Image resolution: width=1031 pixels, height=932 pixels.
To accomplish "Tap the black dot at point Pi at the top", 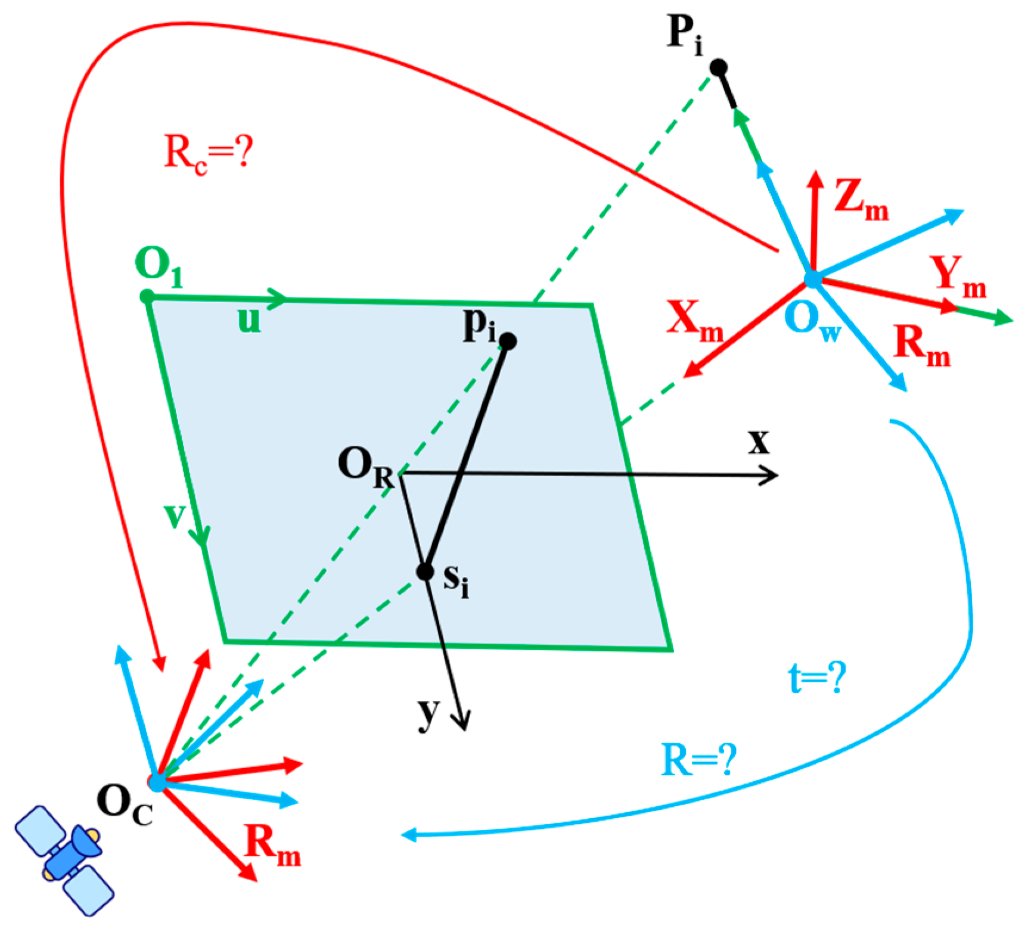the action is coord(719,67).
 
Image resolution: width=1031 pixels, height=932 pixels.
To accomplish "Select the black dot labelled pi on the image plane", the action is coord(508,341).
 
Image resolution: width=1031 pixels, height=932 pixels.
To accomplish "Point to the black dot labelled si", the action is coord(425,572).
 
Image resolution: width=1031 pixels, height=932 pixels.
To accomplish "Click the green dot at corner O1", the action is coord(147,296).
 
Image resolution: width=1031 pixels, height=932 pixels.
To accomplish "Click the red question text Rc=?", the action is coord(209,154).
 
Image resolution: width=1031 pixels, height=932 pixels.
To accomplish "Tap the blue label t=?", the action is coord(816,678).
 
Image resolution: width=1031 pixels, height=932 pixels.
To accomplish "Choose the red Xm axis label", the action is coord(695,321).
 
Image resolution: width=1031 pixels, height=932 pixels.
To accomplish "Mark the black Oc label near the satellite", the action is coord(125,804).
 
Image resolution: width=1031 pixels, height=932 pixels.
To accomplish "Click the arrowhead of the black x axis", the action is coord(771,475).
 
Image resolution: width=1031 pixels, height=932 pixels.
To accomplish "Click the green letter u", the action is coord(249,320).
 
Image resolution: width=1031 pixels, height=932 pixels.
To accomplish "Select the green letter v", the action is coord(175,515).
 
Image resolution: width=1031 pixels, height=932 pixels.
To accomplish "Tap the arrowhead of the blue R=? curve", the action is coord(409,835).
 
